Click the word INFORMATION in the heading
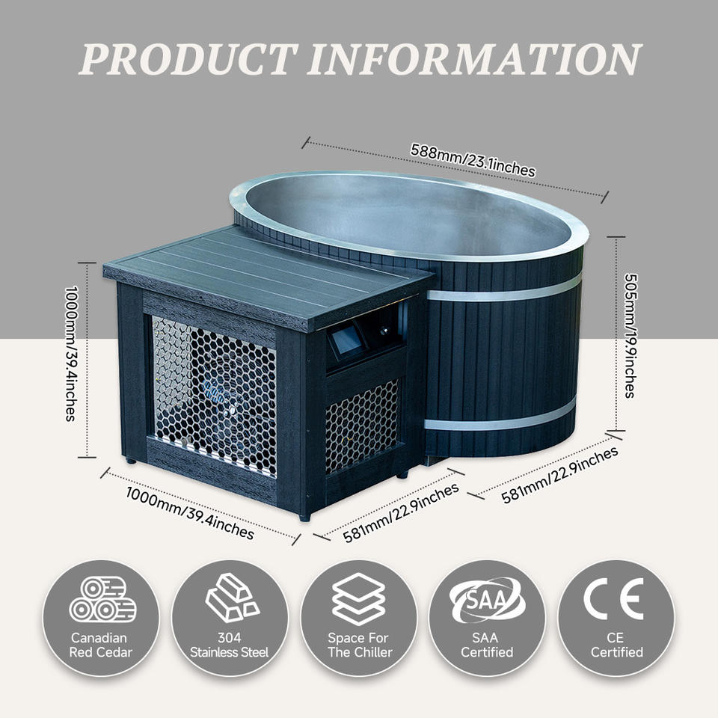coord(474,59)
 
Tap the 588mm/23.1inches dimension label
coord(473,160)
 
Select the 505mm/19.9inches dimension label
coord(631,336)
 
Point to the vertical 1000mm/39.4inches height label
coord(71,354)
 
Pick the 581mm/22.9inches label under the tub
coord(559,475)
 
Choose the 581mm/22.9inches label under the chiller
coord(401,513)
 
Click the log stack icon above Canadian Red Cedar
coord(102,598)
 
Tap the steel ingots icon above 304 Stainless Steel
coord(232,597)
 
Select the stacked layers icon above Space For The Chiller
coord(358,598)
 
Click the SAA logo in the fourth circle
coord(487,600)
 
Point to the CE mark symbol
coord(613,598)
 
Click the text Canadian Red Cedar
coord(101,645)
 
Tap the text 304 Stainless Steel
coord(229,645)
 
